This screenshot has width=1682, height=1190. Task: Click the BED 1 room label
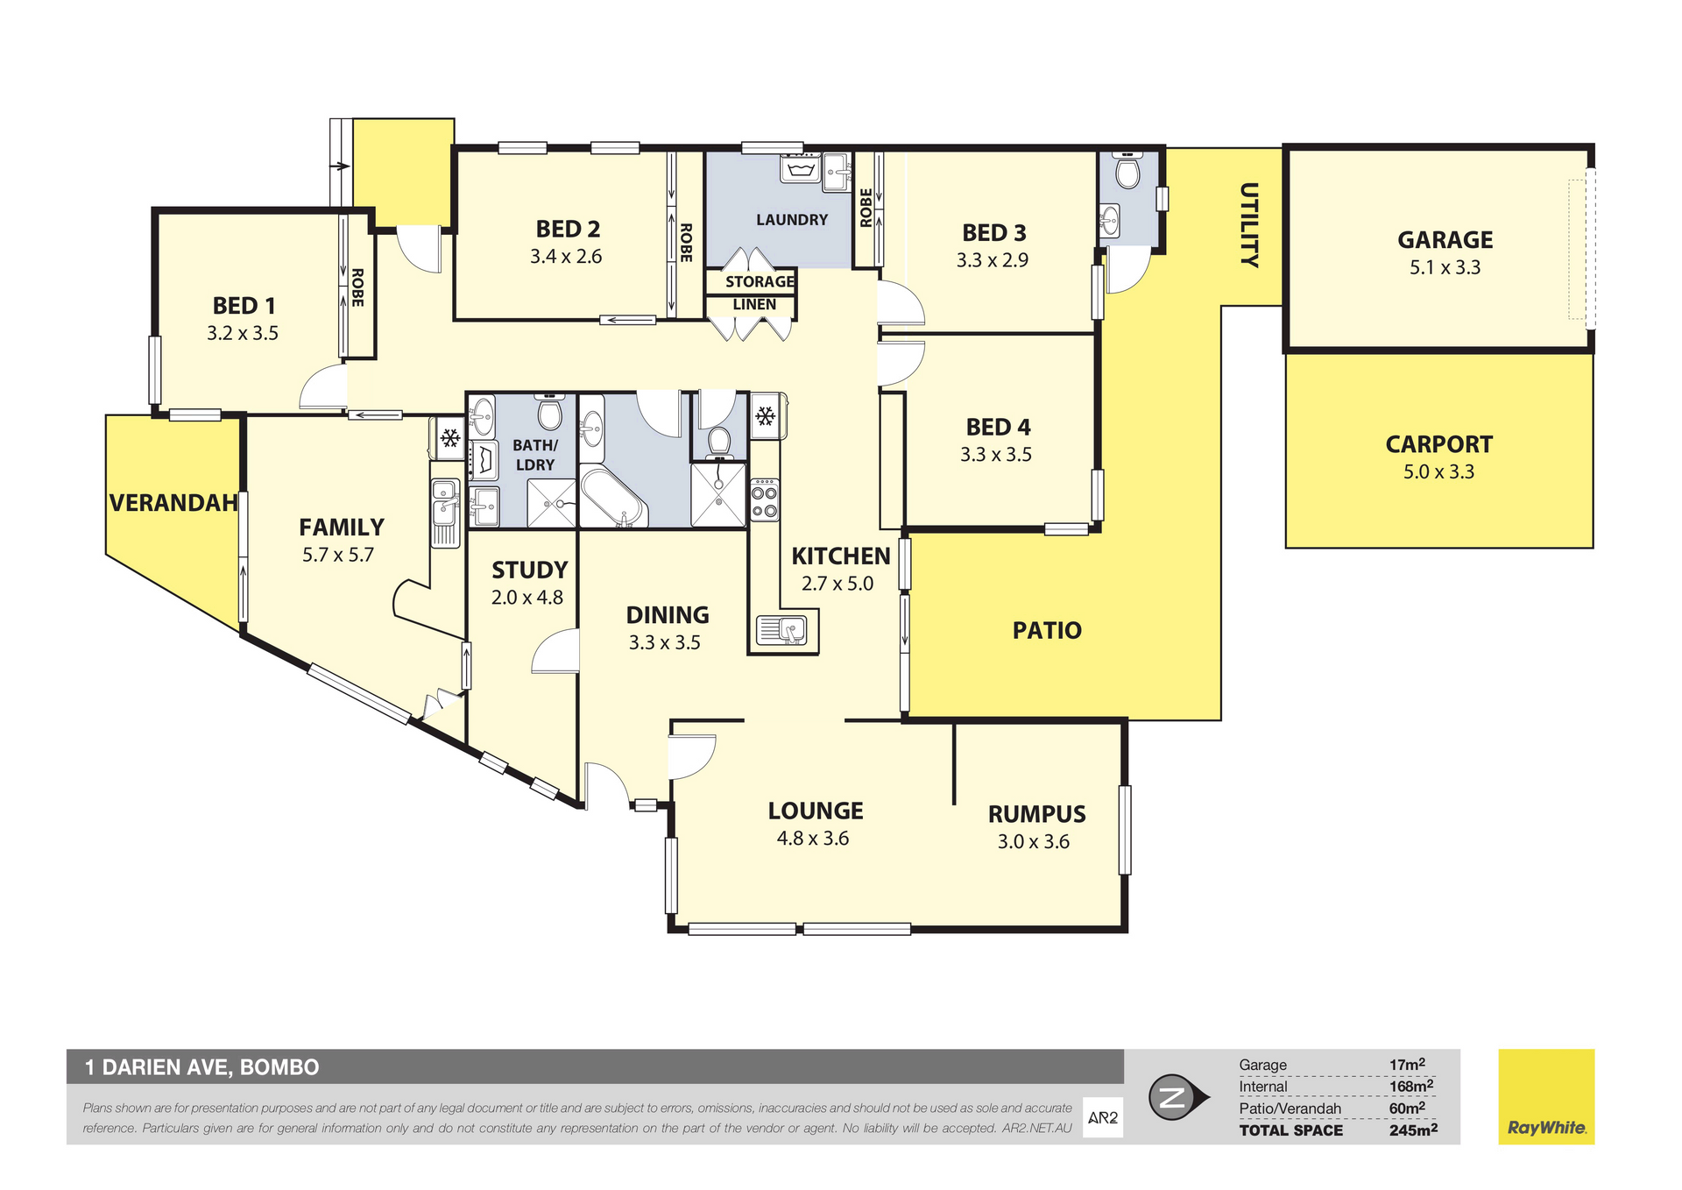click(x=244, y=306)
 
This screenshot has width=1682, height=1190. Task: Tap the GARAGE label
click(x=1445, y=240)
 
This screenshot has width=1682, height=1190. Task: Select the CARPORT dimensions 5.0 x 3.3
click(x=1438, y=471)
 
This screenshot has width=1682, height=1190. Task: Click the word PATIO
click(x=1047, y=630)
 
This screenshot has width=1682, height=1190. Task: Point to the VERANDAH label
click(x=173, y=503)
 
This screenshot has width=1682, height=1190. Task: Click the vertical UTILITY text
click(x=1249, y=225)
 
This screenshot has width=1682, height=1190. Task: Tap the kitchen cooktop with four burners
click(x=764, y=499)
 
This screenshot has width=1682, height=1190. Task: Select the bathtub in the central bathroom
click(x=613, y=498)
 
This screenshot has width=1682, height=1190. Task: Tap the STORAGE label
click(x=760, y=282)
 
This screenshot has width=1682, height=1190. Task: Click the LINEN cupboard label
click(x=754, y=305)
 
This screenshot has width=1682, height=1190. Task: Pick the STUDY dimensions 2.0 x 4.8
click(x=527, y=598)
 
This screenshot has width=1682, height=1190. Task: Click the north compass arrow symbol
click(x=1178, y=1097)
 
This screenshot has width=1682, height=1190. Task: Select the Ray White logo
click(x=1546, y=1096)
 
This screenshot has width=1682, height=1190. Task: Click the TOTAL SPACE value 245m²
click(x=1413, y=1130)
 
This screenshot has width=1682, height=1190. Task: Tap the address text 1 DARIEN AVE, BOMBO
click(x=202, y=1067)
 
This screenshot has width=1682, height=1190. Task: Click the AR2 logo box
click(x=1103, y=1117)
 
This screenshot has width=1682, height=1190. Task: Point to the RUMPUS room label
click(x=1037, y=814)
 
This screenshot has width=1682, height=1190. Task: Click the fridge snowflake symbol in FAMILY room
click(x=450, y=438)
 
